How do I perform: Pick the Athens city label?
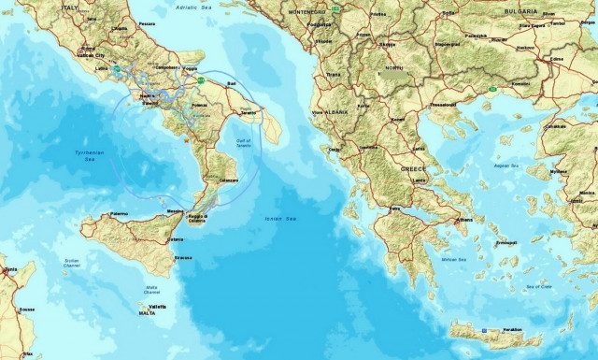pos(463,220)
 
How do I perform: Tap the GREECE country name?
pos(414,169)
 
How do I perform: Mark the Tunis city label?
pos(9,269)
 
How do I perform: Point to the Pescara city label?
pos(147,22)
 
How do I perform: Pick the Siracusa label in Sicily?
pos(183,258)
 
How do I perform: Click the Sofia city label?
pos(450,12)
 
